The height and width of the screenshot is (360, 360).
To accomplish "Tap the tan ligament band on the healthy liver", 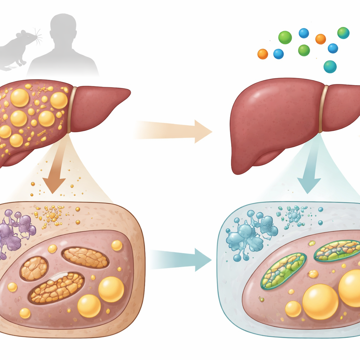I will tap(324, 109).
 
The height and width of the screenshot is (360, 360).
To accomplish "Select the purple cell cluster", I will tap(16, 230).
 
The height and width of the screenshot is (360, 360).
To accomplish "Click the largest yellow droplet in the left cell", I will tap(111, 289).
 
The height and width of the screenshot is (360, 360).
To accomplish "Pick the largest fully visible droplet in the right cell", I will tap(320, 302).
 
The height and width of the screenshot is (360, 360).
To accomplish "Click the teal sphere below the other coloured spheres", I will tap(330, 66).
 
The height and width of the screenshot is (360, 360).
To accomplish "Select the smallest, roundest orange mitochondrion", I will tap(34, 268).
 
